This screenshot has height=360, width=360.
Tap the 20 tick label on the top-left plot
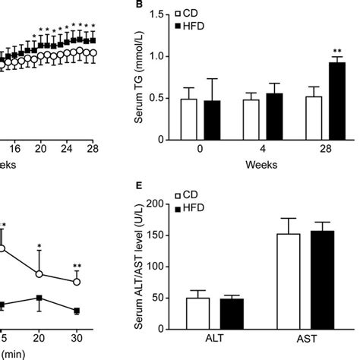click(41, 149)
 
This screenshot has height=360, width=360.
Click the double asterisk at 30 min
click(77, 267)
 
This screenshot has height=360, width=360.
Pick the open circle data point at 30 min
click(77, 281)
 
